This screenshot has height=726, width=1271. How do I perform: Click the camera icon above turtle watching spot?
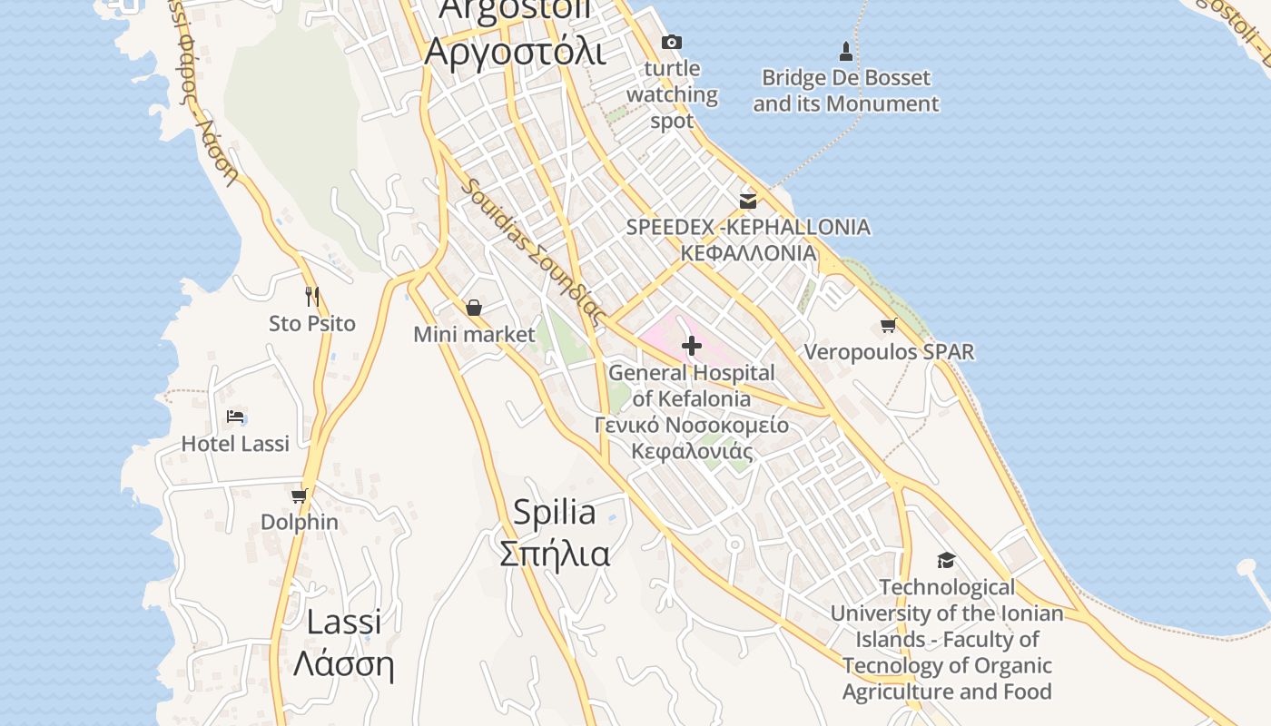point(672,42)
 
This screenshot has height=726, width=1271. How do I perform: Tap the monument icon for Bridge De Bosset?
point(846,51)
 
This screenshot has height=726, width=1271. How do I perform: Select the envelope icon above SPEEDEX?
point(748,201)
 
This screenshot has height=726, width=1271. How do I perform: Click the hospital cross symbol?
point(692,346)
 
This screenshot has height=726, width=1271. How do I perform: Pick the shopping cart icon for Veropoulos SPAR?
point(888,326)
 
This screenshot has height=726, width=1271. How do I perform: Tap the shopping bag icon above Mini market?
point(473,308)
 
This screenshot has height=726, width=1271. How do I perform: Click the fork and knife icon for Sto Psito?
point(312,296)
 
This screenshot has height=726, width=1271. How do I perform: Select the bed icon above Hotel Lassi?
point(235,417)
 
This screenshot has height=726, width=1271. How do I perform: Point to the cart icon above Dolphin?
point(299,495)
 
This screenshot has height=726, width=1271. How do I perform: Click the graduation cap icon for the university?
point(946,560)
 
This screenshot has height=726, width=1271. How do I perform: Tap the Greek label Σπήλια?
point(555,553)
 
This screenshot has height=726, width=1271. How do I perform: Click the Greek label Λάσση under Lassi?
point(343,664)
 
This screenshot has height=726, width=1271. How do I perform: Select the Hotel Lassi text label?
point(235,444)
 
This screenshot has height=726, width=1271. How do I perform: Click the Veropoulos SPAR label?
point(889,352)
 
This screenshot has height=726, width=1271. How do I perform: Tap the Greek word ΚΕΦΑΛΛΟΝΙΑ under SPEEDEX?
point(748,253)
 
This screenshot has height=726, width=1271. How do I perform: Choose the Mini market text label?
point(474,335)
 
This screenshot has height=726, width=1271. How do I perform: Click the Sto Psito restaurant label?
point(312,324)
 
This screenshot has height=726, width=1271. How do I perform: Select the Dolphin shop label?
point(300,523)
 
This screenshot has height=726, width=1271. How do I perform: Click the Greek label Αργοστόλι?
point(514,52)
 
